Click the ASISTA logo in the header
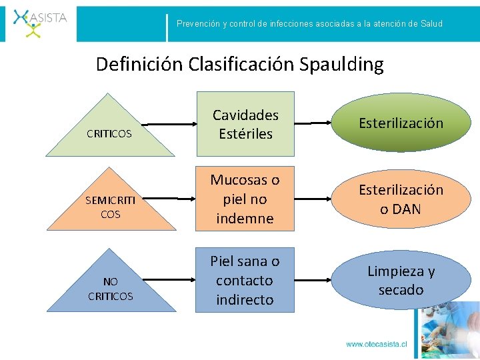click(x=40, y=21)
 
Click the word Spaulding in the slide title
click(x=341, y=64)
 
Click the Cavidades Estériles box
click(x=245, y=124)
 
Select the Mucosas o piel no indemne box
click(x=245, y=199)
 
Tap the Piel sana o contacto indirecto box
click(x=245, y=280)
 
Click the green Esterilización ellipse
click(x=401, y=123)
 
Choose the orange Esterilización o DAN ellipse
click(x=401, y=199)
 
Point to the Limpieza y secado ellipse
click(x=401, y=280)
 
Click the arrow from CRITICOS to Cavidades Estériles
click(x=170, y=124)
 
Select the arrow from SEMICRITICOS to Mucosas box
click(x=170, y=199)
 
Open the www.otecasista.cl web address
click(x=376, y=345)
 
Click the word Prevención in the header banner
click(x=198, y=23)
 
